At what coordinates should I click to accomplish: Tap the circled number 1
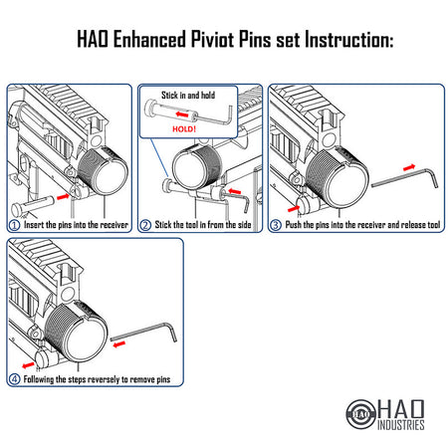pyautogui.click(x=14, y=224)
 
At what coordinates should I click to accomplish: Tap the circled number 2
pyautogui.click(x=146, y=224)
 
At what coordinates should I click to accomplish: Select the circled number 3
pyautogui.click(x=277, y=224)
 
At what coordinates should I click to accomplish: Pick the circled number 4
pyautogui.click(x=14, y=378)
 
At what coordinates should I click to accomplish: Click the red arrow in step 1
pyautogui.click(x=63, y=199)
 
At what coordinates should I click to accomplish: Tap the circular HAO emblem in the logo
pyautogui.click(x=361, y=410)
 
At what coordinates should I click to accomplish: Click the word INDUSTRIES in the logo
pyautogui.click(x=401, y=426)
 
